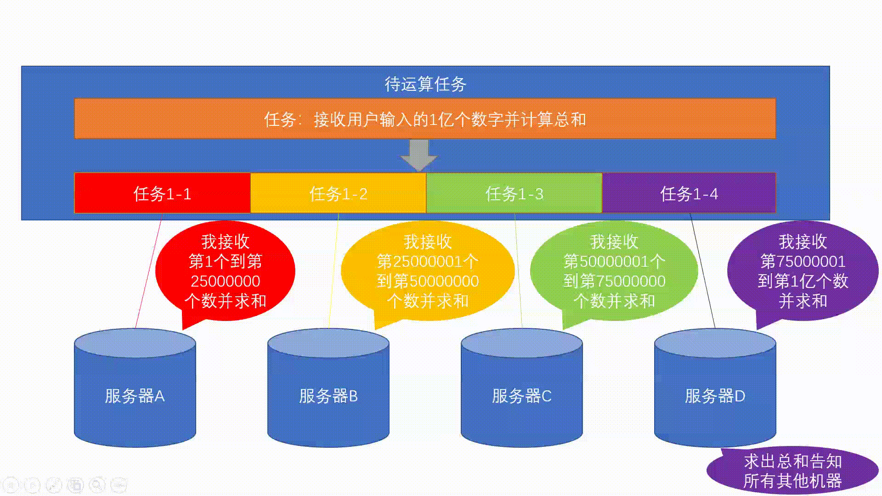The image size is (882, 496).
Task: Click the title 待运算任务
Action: pos(425,84)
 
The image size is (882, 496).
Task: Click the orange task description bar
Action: pos(425,119)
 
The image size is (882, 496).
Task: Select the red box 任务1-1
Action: pos(162,193)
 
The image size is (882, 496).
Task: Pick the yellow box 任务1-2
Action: pos(338,193)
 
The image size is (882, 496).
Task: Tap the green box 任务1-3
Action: pos(514,193)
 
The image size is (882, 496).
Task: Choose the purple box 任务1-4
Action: pos(689,193)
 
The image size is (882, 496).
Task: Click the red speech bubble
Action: pos(225,271)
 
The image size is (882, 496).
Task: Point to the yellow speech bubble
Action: pos(427,271)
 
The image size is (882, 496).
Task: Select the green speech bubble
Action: pos(614,271)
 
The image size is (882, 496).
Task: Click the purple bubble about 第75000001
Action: pos(803,271)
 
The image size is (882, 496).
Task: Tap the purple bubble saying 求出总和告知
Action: pos(792,471)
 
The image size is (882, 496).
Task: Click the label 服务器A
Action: pos(135,396)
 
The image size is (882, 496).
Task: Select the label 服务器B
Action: pos(328,396)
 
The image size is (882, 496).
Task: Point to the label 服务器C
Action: pos(521,396)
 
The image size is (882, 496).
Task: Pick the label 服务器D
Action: pos(715,396)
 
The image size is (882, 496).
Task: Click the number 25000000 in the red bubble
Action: pos(225,281)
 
